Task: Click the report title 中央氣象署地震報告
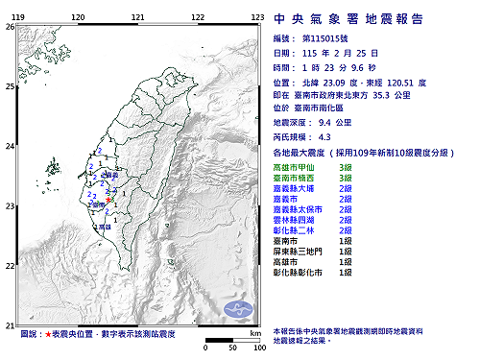click(362, 17)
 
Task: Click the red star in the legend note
click(48, 334)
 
